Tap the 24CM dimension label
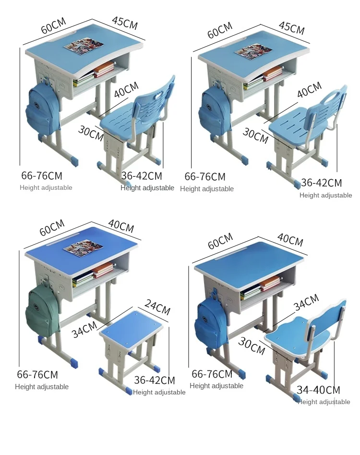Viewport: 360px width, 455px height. pos(157,307)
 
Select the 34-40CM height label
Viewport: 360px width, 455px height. pos(318,390)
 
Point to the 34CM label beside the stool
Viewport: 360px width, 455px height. pos(84,330)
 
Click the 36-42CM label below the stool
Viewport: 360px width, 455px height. pos(155,380)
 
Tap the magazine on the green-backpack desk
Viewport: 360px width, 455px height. pos(84,247)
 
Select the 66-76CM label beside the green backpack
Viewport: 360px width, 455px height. pos(37,374)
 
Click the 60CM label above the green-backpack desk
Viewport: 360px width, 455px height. pos(52,228)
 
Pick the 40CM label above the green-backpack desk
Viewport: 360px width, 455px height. pos(121,226)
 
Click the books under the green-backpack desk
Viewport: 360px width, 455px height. pos(93,274)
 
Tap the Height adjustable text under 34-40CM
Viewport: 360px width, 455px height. pos(324,402)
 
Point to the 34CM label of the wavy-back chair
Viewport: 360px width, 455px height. pos(306,302)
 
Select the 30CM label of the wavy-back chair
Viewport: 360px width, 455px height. pos(252,346)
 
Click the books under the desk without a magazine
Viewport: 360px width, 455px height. pos(261,287)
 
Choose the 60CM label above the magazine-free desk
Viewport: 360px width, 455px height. pos(220,241)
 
